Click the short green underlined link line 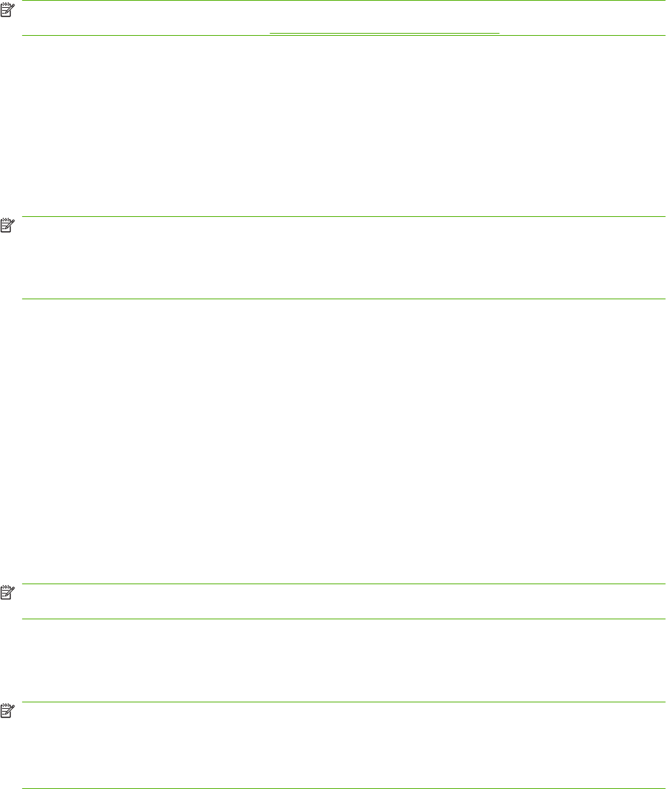[x=384, y=34]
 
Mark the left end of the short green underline [x=270, y=34]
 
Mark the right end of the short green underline [x=499, y=34]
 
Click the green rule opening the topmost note [x=343, y=1]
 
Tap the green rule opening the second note [x=343, y=217]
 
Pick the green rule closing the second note [x=343, y=299]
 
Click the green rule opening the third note [x=343, y=584]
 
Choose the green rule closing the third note [x=343, y=619]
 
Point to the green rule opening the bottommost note [x=343, y=702]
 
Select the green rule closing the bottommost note [x=343, y=788]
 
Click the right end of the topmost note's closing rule [x=665, y=35]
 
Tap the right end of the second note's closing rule [x=665, y=299]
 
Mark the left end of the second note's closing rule [x=24, y=299]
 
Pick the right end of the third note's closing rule [x=665, y=619]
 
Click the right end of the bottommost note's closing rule [x=665, y=788]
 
